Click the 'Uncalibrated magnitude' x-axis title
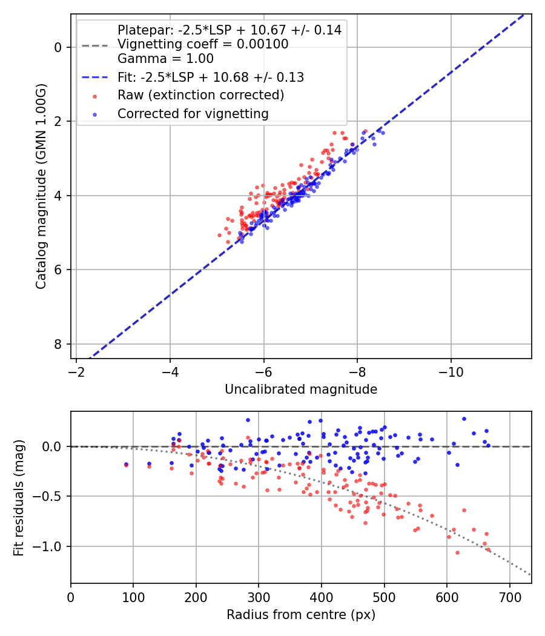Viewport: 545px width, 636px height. point(301,389)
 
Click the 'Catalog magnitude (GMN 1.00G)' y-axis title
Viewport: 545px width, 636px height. point(41,187)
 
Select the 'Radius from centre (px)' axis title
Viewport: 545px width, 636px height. point(301,615)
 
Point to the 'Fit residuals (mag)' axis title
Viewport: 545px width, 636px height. point(19,498)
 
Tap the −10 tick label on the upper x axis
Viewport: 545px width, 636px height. point(451,372)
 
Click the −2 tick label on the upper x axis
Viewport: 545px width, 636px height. point(76,372)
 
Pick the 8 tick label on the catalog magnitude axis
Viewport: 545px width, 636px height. point(58,345)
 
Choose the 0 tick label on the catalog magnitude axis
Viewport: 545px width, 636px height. point(58,47)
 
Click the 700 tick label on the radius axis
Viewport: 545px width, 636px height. point(510,597)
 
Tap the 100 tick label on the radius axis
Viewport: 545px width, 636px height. point(133,597)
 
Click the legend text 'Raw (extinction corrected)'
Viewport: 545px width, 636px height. point(200,95)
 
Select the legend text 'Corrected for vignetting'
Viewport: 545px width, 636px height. point(193,114)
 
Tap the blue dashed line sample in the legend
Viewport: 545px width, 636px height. point(95,77)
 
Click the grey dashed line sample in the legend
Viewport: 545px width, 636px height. point(95,45)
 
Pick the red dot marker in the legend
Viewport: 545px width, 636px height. point(95,96)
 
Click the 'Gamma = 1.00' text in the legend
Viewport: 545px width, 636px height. point(165,58)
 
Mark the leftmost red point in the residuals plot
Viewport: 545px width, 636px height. point(126,465)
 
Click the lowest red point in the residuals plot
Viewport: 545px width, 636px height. point(457,552)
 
